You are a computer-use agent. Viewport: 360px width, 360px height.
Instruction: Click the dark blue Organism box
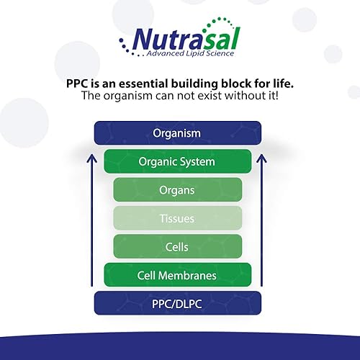coord(177,133)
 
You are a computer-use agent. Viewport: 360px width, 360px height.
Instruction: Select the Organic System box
coord(177,161)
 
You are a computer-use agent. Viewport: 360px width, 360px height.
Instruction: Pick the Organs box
coord(177,190)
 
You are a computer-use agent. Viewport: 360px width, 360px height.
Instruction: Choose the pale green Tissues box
coord(177,218)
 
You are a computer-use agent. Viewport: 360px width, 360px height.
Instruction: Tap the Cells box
coord(177,247)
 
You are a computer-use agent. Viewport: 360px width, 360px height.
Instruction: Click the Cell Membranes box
coord(177,274)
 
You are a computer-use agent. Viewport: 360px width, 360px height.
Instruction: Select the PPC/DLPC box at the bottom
coord(177,303)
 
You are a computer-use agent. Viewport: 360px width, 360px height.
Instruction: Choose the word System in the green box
coord(197,161)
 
